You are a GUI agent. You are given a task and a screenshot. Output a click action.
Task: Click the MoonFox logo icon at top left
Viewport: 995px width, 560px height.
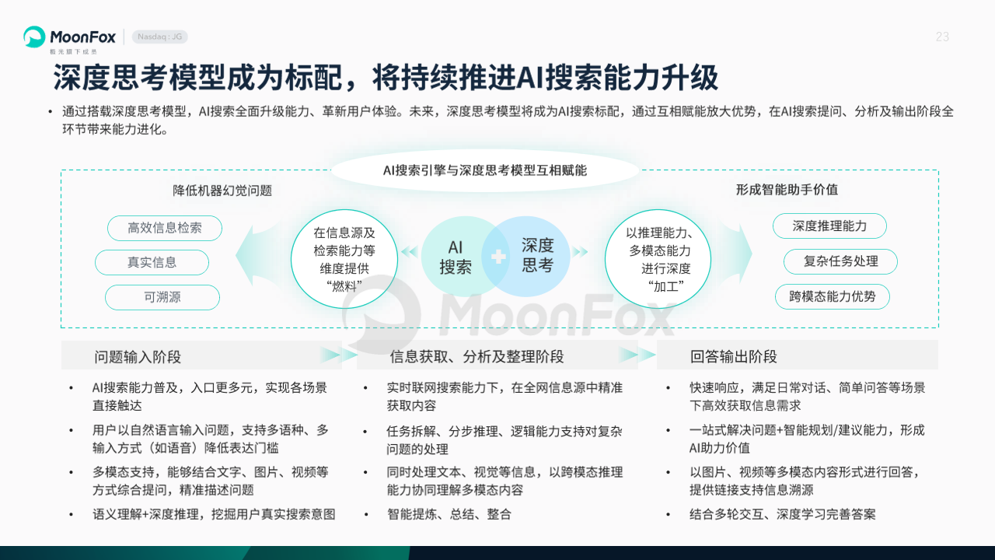tap(34, 37)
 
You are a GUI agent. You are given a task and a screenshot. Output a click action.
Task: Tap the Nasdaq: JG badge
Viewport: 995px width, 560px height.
tap(160, 37)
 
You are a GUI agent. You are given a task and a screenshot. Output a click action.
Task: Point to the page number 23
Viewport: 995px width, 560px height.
tap(942, 37)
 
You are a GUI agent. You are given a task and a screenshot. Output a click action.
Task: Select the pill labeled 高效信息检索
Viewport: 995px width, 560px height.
tap(165, 228)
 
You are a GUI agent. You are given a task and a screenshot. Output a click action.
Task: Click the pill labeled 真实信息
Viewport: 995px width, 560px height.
tap(152, 262)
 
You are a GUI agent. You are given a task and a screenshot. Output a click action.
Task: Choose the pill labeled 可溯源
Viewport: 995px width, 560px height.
tap(162, 297)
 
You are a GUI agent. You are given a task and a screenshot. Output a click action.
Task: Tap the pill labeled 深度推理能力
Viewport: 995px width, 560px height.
tap(829, 226)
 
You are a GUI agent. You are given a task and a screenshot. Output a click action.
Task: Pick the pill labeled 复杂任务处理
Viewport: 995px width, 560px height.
tap(840, 261)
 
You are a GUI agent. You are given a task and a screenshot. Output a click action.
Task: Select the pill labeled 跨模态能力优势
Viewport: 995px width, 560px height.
tap(833, 296)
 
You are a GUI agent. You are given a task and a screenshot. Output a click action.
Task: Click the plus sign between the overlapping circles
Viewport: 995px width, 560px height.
tap(498, 257)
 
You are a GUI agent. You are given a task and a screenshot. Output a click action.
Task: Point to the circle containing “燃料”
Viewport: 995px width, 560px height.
tap(344, 259)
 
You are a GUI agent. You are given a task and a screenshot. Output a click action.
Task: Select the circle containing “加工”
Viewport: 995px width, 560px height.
tap(658, 259)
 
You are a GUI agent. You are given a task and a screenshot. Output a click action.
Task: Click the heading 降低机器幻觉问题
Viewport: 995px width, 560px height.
tap(222, 191)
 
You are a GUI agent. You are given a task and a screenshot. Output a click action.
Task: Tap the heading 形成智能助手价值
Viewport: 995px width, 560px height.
tap(787, 190)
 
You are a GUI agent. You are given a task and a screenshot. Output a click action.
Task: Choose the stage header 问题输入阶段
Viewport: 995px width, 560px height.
tap(138, 357)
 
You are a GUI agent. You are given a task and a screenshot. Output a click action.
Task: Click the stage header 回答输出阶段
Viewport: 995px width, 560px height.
tap(733, 356)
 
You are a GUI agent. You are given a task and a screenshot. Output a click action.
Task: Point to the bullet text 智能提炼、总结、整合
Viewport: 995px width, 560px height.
tap(449, 514)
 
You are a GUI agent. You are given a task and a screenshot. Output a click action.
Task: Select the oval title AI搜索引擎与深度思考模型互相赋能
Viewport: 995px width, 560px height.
tap(484, 170)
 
